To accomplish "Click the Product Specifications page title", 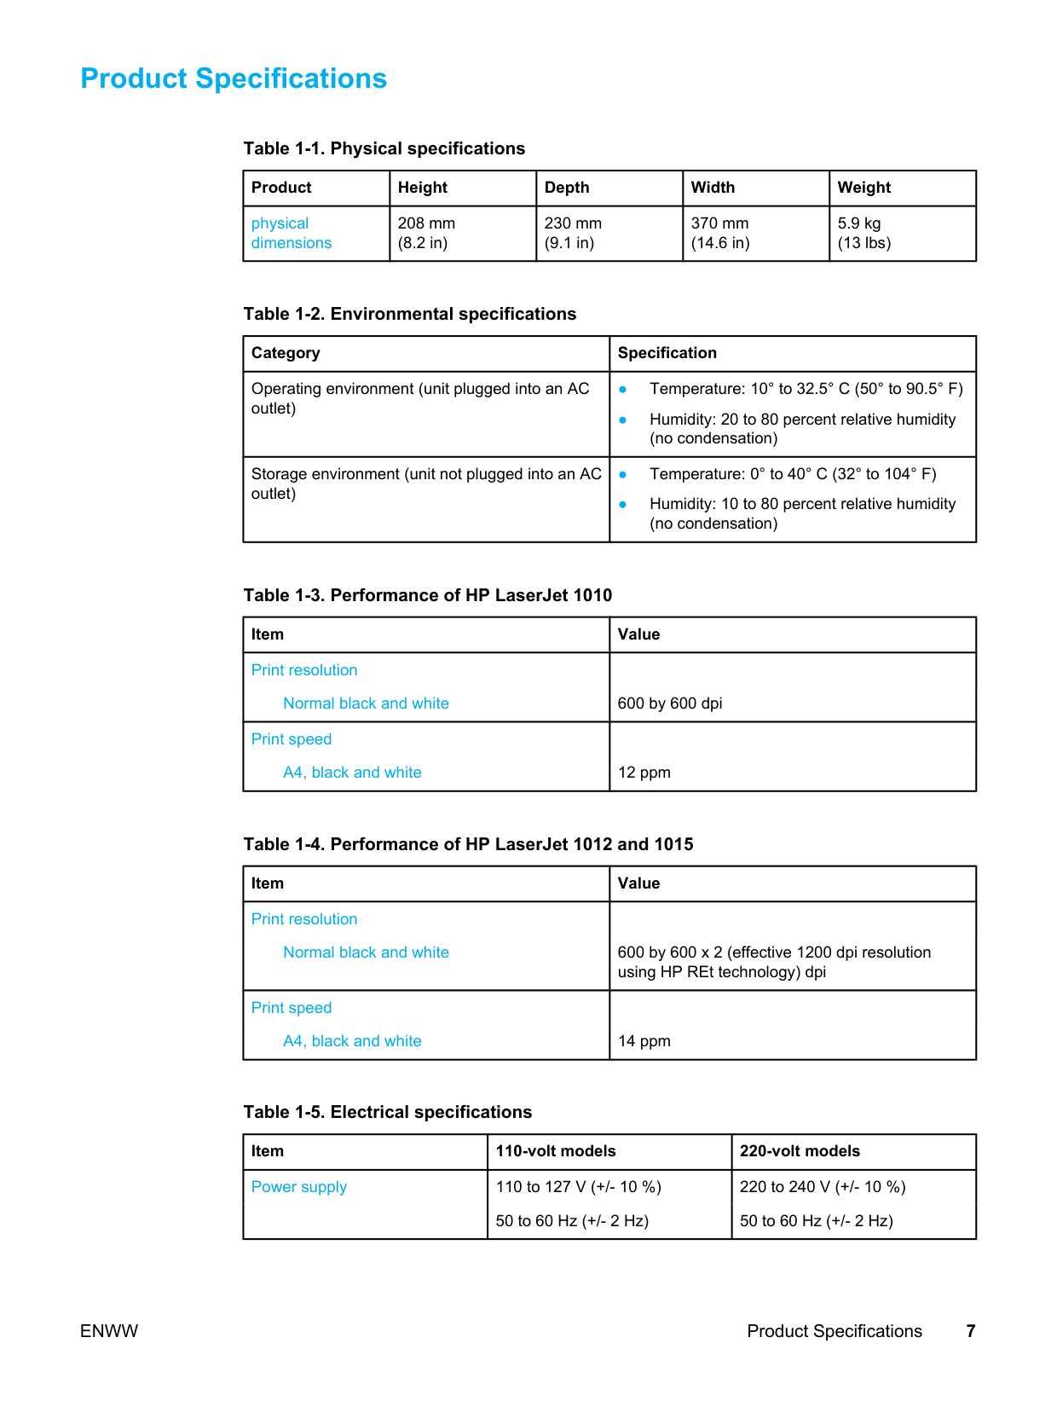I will point(234,78).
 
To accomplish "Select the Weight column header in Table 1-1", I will point(864,188).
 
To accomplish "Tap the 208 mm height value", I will point(426,223).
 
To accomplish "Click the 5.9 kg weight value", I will point(859,223).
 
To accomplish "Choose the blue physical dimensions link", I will point(291,233).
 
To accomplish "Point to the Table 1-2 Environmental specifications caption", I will point(409,314).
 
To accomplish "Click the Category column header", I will point(286,353).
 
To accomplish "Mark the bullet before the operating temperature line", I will point(623,390).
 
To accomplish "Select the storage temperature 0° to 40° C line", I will point(792,474).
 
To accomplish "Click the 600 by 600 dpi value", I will point(670,703).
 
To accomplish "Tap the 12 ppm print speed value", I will point(644,773).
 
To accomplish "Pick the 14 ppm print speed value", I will point(644,1041).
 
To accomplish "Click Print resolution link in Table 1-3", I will point(304,670).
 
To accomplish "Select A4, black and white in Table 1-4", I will point(352,1041).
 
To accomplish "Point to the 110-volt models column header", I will point(556,1151).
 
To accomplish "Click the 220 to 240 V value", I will point(823,1187).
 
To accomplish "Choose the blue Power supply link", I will point(299,1187).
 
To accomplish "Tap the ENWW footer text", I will point(109,1331).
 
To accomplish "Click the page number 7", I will point(970,1331).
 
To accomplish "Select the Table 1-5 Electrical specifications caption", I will point(387,1112).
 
